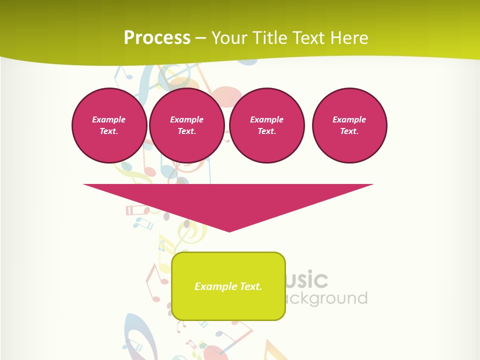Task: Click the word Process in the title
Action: tap(157, 37)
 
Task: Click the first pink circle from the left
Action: tap(109, 125)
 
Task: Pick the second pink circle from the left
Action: tap(186, 125)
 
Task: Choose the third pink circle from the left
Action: tap(266, 125)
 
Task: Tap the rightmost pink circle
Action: tap(349, 125)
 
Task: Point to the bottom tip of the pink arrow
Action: tap(229, 230)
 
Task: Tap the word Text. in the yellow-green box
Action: tap(251, 286)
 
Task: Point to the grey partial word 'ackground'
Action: tap(326, 299)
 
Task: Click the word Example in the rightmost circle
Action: tap(349, 119)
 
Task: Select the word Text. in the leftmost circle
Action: tap(109, 131)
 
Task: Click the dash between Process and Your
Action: tap(200, 38)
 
